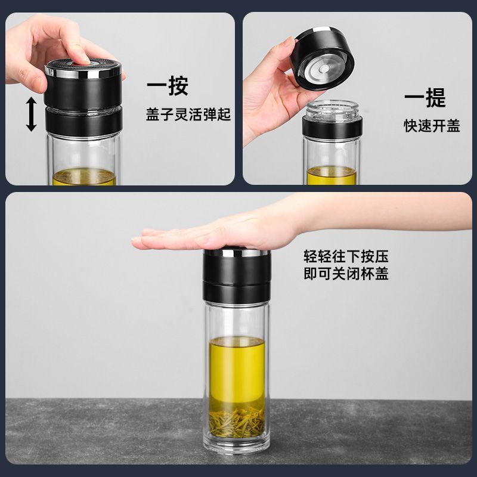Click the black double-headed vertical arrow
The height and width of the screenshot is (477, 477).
[x=31, y=114]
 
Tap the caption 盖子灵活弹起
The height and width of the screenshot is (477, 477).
[x=188, y=114]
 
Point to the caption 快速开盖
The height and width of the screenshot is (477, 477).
[x=432, y=126]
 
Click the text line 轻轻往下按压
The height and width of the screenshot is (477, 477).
[x=346, y=256]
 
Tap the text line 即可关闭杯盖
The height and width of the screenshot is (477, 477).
[x=346, y=273]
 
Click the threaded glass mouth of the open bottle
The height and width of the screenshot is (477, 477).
[x=332, y=110]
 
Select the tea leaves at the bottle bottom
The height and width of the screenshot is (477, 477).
[x=237, y=421]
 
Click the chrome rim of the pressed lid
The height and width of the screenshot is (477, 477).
[x=83, y=72]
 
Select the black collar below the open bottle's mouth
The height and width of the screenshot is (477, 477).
[x=332, y=127]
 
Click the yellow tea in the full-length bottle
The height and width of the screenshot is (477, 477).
[x=237, y=370]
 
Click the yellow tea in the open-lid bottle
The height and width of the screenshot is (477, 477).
[x=332, y=175]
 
